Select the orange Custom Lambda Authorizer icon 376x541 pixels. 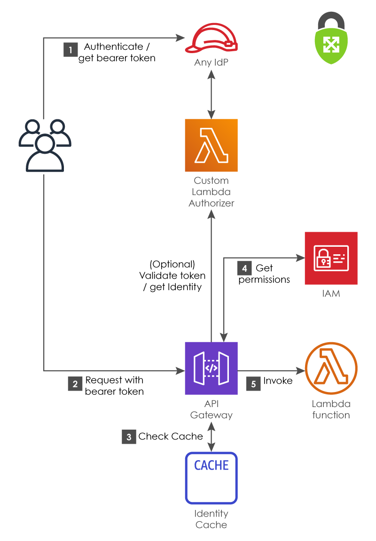click(x=211, y=145)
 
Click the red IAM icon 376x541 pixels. click(x=331, y=258)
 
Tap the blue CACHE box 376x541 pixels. click(x=211, y=478)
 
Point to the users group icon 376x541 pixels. click(x=45, y=145)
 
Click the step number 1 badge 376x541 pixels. click(x=70, y=50)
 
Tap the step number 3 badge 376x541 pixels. click(x=129, y=437)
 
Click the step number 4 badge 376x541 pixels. click(x=244, y=268)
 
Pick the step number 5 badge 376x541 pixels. click(x=253, y=384)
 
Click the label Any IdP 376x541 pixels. click(x=211, y=63)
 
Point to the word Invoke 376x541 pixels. click(x=278, y=380)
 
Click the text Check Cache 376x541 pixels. click(x=170, y=437)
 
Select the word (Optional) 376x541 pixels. click(x=172, y=264)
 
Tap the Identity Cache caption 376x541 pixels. click(x=211, y=519)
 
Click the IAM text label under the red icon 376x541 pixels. click(x=331, y=294)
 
